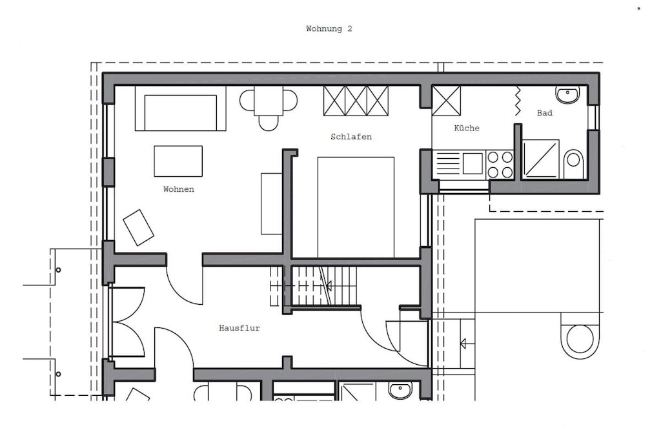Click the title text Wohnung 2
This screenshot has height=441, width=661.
[329, 28]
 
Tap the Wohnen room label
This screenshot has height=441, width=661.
[179, 189]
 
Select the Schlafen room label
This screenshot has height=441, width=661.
[351, 137]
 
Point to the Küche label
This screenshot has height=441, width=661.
[467, 128]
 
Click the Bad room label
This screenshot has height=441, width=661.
[545, 112]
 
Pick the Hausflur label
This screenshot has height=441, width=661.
[239, 327]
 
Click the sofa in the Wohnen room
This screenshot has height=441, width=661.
[181, 108]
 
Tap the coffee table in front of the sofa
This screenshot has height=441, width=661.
[178, 161]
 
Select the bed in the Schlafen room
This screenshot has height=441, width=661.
[356, 207]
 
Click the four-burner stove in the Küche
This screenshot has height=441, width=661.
[500, 165]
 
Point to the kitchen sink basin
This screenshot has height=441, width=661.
[473, 163]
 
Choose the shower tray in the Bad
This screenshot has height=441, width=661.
[540, 159]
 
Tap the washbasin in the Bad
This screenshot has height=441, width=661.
[568, 94]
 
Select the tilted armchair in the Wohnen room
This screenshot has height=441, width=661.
[138, 227]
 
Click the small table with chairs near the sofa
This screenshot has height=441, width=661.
[269, 108]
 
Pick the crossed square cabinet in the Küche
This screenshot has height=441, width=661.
[446, 100]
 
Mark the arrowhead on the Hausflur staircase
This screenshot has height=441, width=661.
[329, 286]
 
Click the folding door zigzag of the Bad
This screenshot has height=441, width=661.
[518, 101]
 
